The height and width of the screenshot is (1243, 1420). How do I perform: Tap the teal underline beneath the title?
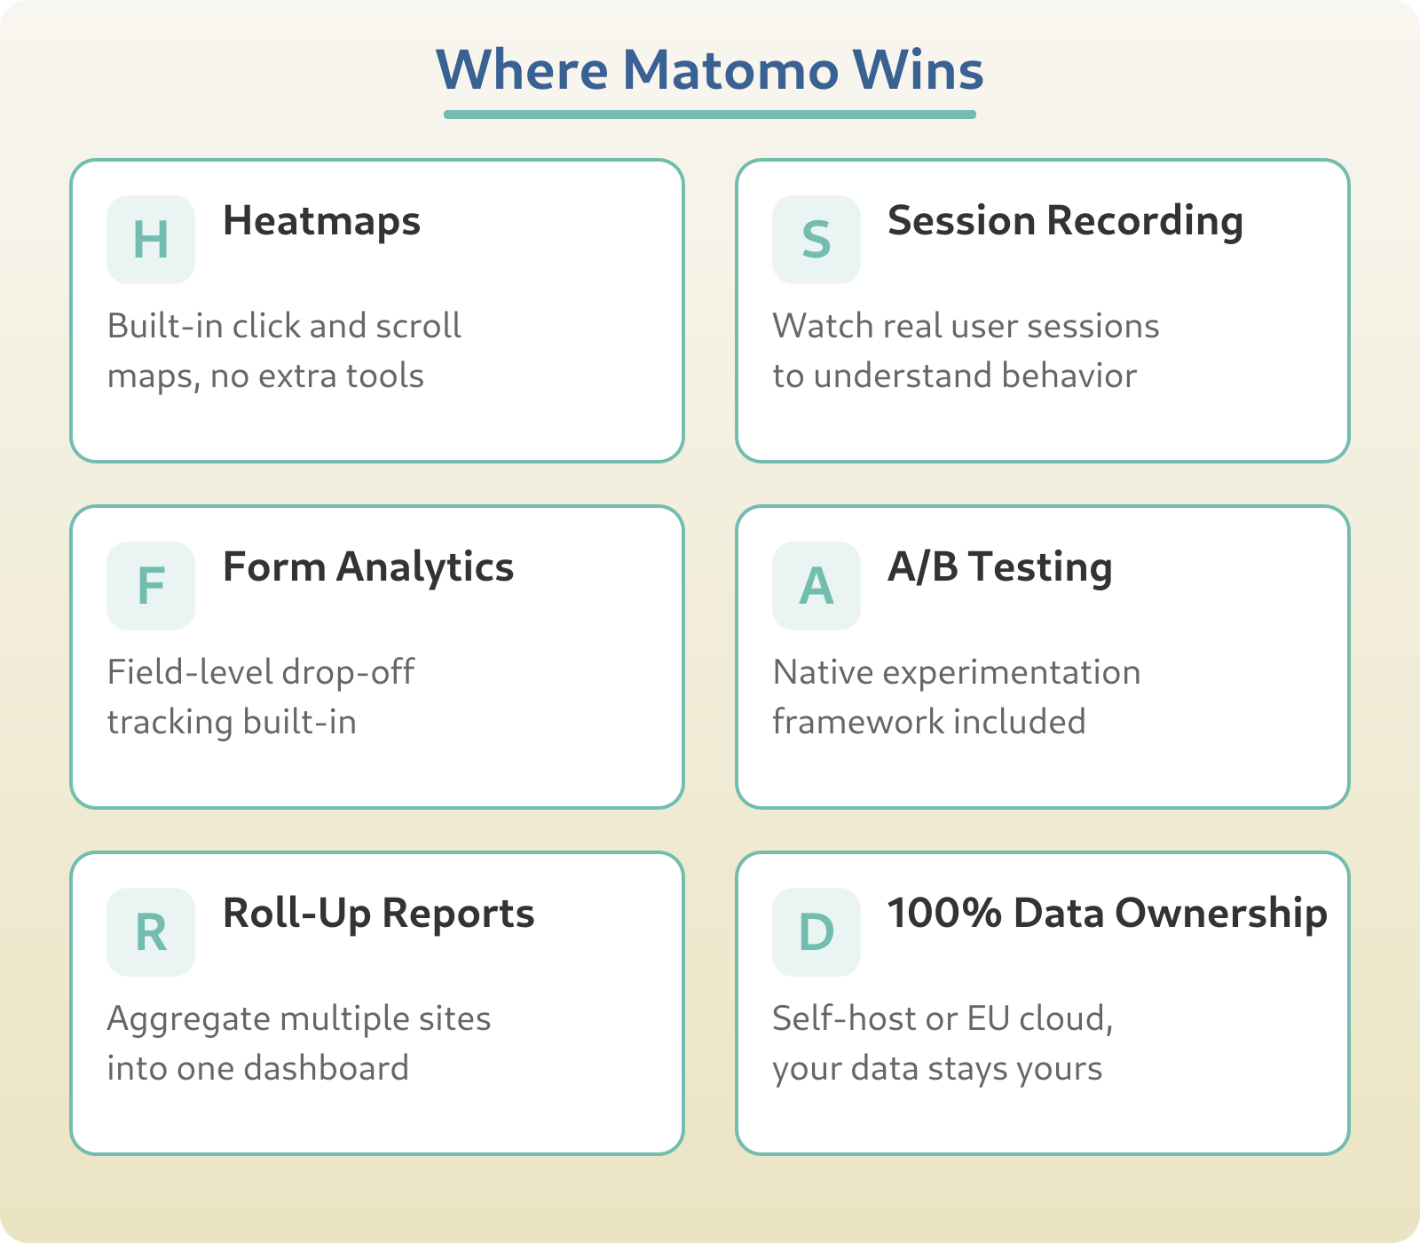click(x=710, y=114)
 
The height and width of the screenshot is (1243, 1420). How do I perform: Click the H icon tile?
click(x=151, y=240)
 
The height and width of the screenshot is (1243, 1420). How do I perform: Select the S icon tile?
click(x=816, y=240)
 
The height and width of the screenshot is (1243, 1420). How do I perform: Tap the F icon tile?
click(x=151, y=586)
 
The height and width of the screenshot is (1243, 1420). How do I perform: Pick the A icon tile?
click(x=816, y=586)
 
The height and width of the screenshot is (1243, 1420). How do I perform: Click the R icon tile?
click(x=151, y=932)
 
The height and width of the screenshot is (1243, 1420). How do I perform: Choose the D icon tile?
click(x=816, y=932)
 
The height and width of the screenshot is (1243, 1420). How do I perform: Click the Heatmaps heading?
click(x=321, y=221)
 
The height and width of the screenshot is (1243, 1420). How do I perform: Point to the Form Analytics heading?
click(x=367, y=567)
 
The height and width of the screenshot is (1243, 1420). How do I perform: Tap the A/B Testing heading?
click(x=999, y=567)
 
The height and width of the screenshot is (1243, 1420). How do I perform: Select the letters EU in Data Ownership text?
click(x=988, y=1018)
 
